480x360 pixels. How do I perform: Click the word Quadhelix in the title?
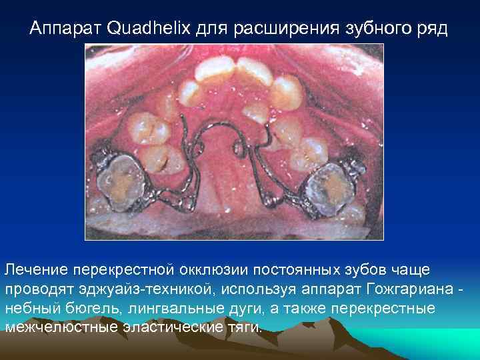pyautogui.click(x=142, y=29)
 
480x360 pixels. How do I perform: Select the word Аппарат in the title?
pyautogui.click(x=66, y=29)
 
